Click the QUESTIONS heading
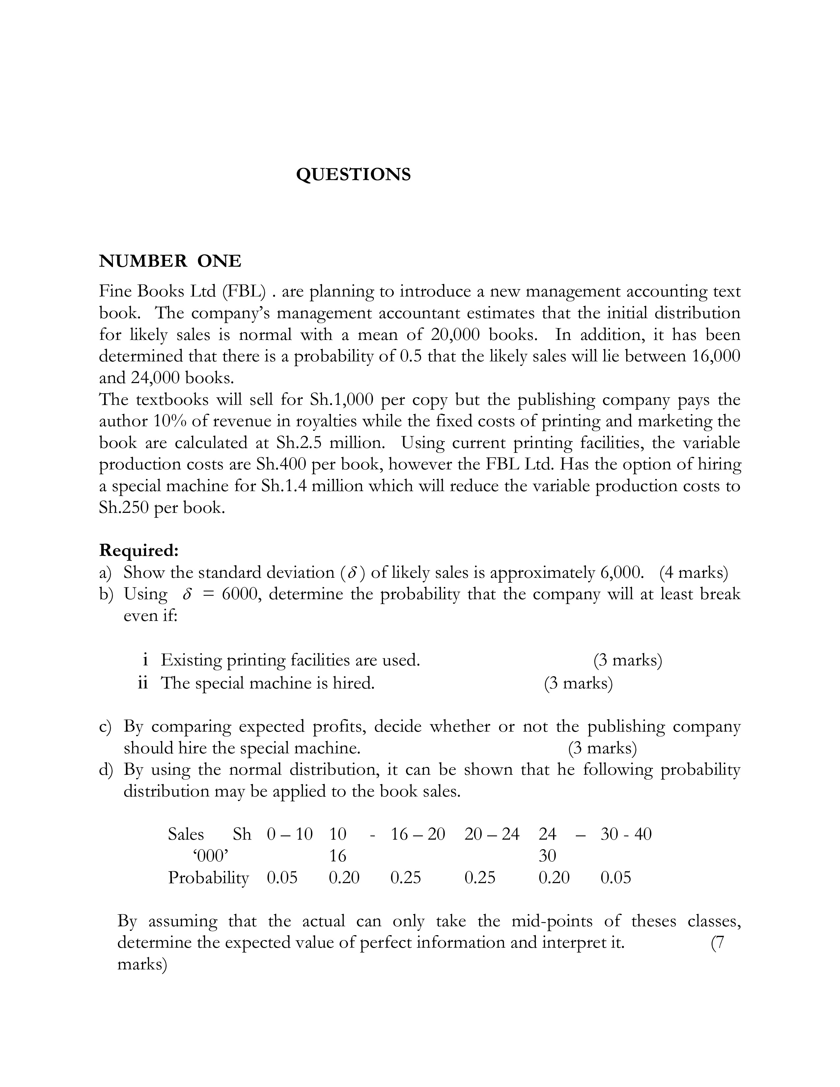[x=353, y=175]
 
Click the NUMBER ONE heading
[x=170, y=261]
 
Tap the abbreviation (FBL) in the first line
[x=244, y=291]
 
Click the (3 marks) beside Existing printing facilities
[x=628, y=660]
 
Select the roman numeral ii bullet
[x=143, y=683]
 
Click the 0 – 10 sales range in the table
[x=290, y=834]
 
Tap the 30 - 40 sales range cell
[x=626, y=834]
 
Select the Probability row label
[x=208, y=877]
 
